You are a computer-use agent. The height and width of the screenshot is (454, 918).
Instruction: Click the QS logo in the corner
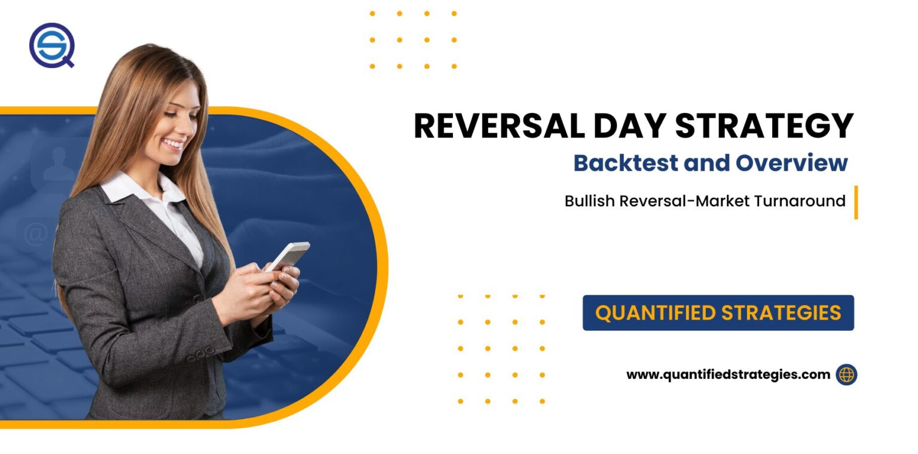[51, 45]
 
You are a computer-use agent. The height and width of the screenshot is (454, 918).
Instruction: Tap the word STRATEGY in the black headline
[764, 126]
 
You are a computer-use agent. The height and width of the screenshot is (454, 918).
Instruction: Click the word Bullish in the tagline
[589, 201]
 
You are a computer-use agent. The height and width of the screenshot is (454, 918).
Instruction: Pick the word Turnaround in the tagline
[799, 201]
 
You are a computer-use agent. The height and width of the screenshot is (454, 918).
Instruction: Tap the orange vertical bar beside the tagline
[856, 203]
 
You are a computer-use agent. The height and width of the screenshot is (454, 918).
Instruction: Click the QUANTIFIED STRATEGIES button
[718, 312]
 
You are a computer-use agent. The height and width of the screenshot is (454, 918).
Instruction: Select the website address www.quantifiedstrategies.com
[728, 375]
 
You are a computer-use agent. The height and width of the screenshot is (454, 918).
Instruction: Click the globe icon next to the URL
[846, 375]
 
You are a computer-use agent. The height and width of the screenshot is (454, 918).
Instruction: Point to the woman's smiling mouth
[173, 144]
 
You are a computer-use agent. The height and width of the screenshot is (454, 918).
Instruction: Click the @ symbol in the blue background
[35, 235]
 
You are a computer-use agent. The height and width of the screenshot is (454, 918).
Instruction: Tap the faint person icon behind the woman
[58, 162]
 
